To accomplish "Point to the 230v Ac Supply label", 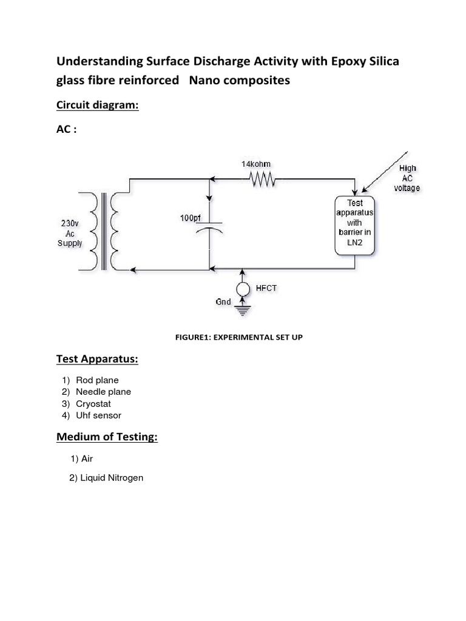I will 69,233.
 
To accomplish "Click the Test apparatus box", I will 355,226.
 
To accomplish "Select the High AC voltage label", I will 407,178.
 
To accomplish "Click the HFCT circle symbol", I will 242,289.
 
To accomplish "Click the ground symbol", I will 242,310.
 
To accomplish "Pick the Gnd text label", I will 223,301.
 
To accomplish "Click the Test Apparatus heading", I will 97,360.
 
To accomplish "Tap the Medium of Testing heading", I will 107,437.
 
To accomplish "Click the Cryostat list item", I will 93,403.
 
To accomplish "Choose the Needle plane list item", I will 103,392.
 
